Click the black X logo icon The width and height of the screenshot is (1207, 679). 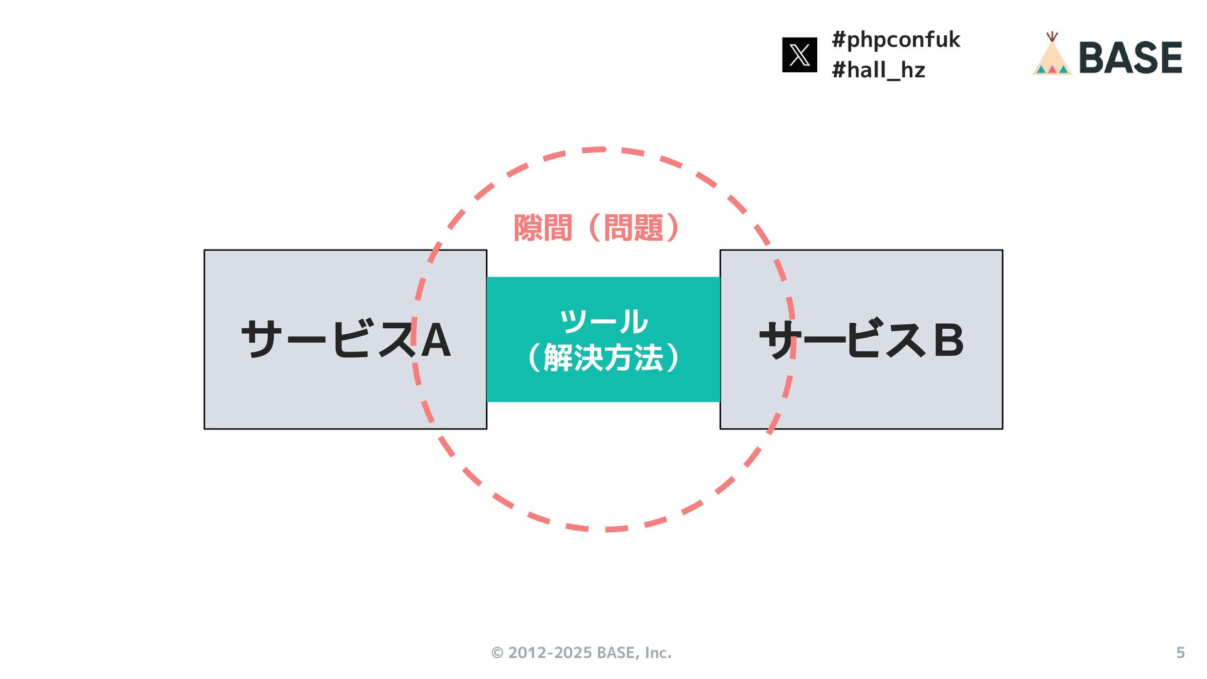click(x=799, y=55)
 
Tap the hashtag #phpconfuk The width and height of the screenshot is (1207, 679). click(x=896, y=40)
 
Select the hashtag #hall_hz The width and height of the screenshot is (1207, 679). click(x=878, y=70)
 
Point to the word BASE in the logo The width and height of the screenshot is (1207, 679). click(x=1130, y=58)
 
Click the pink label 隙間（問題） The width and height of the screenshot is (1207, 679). click(x=597, y=228)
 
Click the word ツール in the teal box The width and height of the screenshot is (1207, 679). click(x=603, y=321)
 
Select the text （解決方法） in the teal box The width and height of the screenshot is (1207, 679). click(x=603, y=358)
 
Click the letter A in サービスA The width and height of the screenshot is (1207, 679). click(x=436, y=340)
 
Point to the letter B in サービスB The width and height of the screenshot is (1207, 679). click(x=949, y=340)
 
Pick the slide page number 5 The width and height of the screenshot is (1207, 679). click(x=1180, y=653)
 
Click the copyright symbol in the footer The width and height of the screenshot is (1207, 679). click(x=497, y=653)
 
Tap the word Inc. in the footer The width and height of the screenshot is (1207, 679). click(x=658, y=653)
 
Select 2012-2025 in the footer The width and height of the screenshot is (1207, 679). click(x=550, y=653)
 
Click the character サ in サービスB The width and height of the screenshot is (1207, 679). click(x=778, y=339)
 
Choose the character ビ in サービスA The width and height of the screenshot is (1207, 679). click(x=350, y=339)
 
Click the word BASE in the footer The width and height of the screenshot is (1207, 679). click(x=615, y=653)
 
